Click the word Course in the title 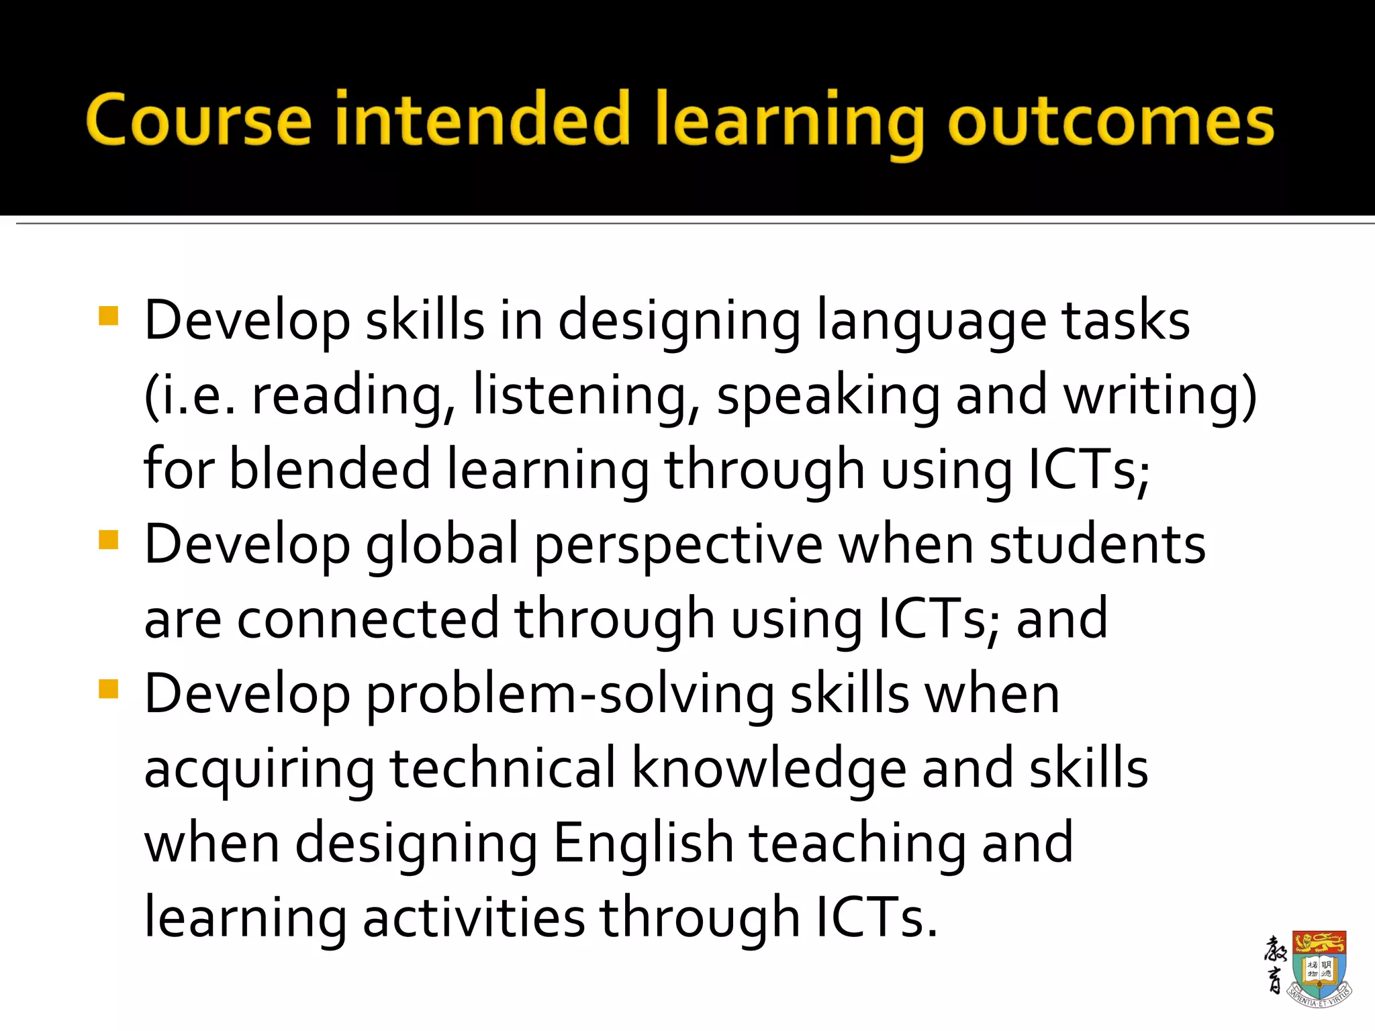199,119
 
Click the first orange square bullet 108,315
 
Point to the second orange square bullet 108,540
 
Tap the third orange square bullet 108,689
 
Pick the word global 442,545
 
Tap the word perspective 678,545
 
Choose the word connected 368,619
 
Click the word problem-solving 569,694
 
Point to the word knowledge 769,769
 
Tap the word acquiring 259,770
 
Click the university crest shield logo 1319,967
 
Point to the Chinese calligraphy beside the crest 1274,965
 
